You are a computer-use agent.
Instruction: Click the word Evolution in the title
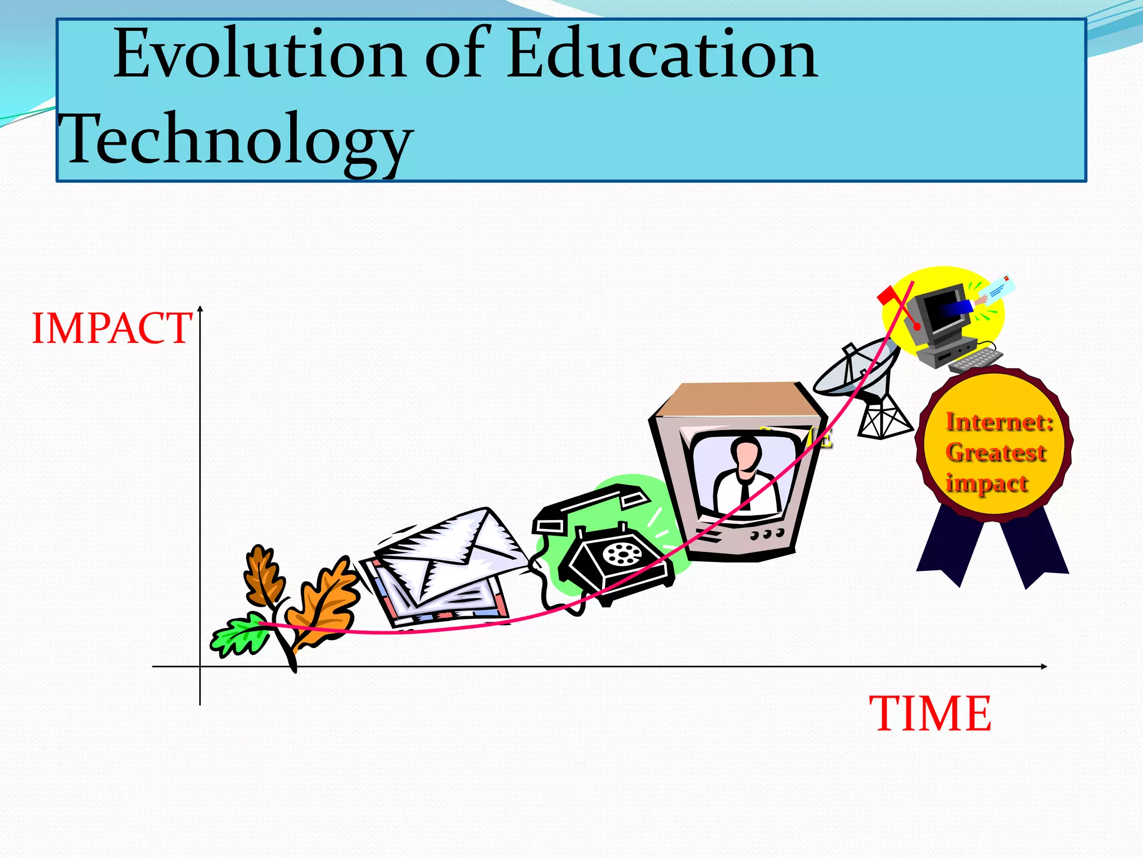[259, 55]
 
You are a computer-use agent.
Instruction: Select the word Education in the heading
[662, 55]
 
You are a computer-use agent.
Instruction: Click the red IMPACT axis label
[112, 328]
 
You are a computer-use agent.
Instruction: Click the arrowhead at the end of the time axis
[1043, 666]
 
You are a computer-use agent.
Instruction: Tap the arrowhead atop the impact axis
[200, 309]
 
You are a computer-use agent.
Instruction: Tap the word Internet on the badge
[999, 422]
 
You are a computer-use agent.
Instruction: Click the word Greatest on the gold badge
[996, 452]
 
